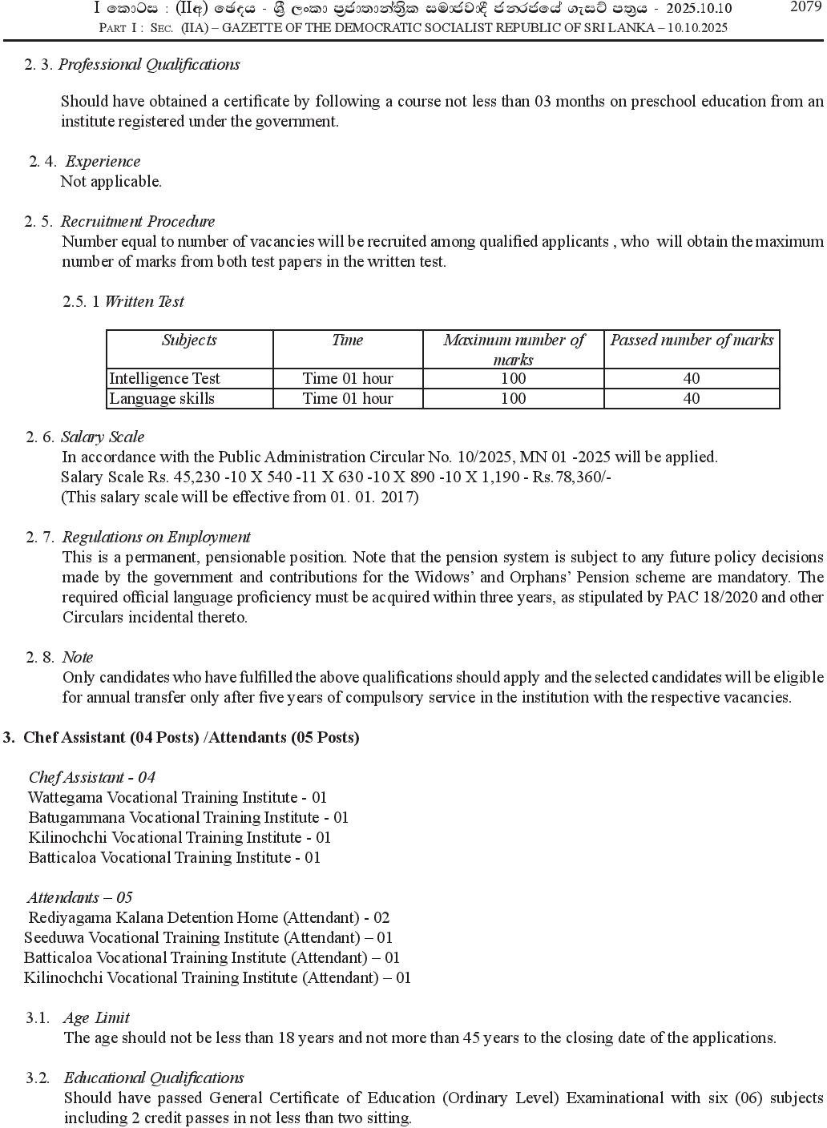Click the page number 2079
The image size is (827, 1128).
805,7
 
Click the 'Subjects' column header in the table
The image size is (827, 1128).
189,340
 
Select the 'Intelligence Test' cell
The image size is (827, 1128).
164,378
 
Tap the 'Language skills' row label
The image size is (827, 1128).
162,398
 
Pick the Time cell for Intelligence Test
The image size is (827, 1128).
348,378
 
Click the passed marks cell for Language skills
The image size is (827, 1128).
692,398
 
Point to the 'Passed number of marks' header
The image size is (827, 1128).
692,340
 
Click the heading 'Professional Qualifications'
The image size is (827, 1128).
149,64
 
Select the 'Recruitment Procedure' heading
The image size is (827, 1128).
138,221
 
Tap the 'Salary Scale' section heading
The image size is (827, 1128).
103,437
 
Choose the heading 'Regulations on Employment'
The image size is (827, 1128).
156,537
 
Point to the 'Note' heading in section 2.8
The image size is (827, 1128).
78,657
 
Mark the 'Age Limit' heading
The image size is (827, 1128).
96,1017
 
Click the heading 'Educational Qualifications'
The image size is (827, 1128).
154,1078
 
